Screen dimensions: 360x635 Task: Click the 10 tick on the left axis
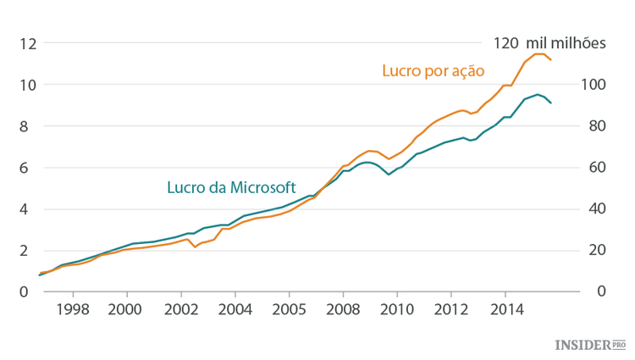(28, 85)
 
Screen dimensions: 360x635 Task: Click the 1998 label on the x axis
(73, 308)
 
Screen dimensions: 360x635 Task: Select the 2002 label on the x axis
(180, 308)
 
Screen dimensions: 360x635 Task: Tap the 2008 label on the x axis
(343, 308)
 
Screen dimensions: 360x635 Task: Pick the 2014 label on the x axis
(505, 308)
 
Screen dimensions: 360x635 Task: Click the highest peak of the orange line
(538, 53)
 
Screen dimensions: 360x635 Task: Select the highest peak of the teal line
(537, 94)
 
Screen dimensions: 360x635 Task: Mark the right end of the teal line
(552, 103)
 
